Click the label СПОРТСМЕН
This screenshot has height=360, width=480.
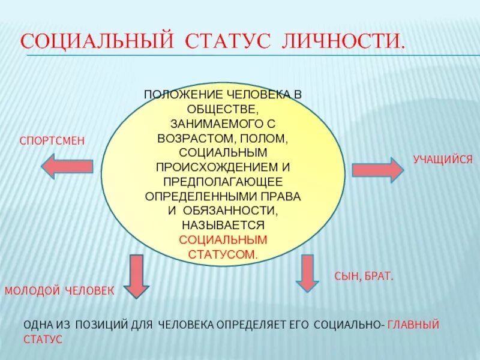pyautogui.click(x=52, y=140)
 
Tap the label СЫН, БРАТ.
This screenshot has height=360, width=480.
pyautogui.click(x=363, y=277)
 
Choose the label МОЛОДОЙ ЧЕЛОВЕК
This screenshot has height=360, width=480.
pyautogui.click(x=59, y=290)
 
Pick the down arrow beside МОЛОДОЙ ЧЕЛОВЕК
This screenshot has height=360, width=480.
pyautogui.click(x=137, y=275)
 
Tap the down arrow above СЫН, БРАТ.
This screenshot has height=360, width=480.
pyautogui.click(x=308, y=272)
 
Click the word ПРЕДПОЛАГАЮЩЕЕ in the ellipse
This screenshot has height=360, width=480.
pyautogui.click(x=223, y=182)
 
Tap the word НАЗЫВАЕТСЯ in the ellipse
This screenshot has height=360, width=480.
pyautogui.click(x=223, y=225)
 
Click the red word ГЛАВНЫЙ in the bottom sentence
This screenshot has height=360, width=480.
pyautogui.click(x=413, y=325)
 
